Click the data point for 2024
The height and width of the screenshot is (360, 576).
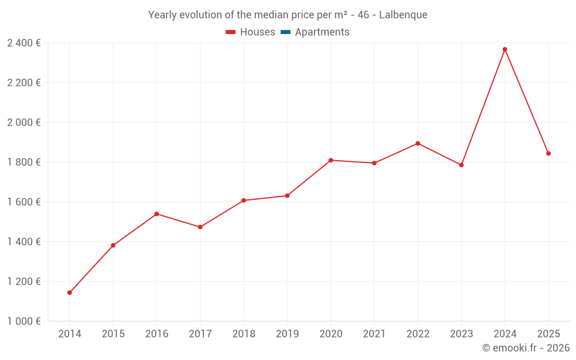pyautogui.click(x=505, y=50)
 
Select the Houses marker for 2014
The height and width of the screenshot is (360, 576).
pyautogui.click(x=70, y=293)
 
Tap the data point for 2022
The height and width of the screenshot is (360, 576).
pyautogui.click(x=418, y=143)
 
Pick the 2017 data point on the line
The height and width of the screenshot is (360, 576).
pyautogui.click(x=200, y=227)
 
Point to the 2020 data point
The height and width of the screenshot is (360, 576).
pyautogui.click(x=331, y=160)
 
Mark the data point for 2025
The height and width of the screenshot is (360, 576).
pyautogui.click(x=548, y=154)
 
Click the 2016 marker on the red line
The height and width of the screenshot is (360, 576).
pyautogui.click(x=157, y=214)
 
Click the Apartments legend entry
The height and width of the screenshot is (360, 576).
pyautogui.click(x=322, y=32)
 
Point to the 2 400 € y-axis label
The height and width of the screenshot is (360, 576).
pyautogui.click(x=24, y=43)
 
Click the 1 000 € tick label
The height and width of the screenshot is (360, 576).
pyautogui.click(x=24, y=321)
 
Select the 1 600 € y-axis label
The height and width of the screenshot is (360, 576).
pyautogui.click(x=24, y=202)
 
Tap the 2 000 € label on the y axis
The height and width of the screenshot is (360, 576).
pyautogui.click(x=24, y=123)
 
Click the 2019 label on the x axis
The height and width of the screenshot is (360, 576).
pyautogui.click(x=287, y=334)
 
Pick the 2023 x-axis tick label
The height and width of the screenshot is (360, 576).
pyautogui.click(x=461, y=334)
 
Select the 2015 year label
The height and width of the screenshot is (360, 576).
pyautogui.click(x=113, y=334)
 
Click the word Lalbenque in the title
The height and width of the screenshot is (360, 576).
pyautogui.click(x=403, y=15)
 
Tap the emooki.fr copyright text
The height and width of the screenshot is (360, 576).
pyautogui.click(x=526, y=348)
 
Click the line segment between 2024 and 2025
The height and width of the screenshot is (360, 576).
pyautogui.click(x=526, y=101)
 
